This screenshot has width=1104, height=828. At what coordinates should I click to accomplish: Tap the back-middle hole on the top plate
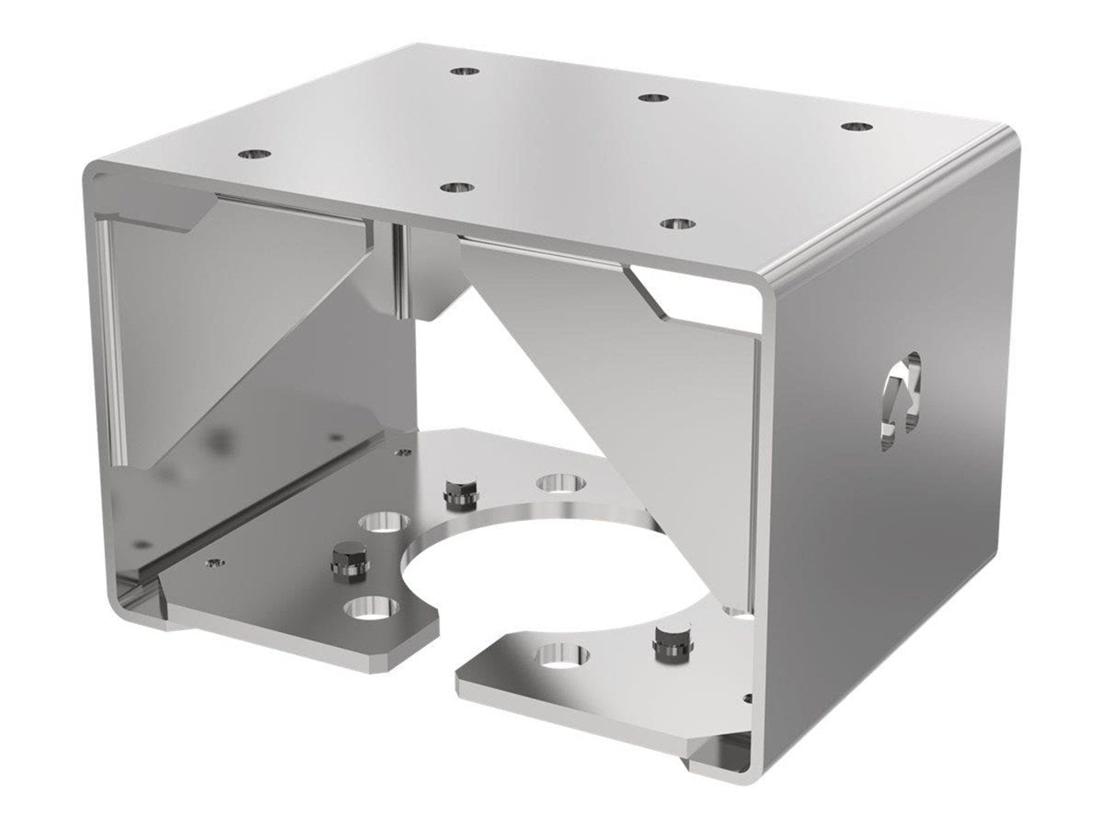651,97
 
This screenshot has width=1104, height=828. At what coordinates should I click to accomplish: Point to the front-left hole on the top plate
255,154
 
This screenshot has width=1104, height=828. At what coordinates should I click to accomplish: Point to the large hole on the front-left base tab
373,609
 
